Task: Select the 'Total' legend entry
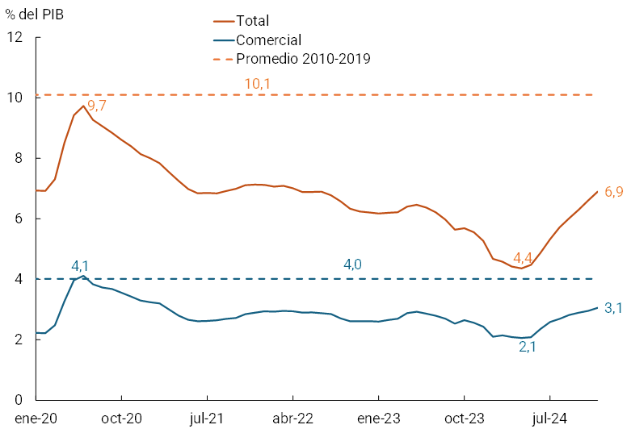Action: tap(252, 21)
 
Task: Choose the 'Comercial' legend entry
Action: tap(268, 40)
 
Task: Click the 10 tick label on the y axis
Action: tap(15, 98)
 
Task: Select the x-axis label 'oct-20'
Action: tap(121, 418)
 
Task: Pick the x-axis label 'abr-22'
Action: tap(292, 418)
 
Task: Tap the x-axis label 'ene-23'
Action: tap(378, 418)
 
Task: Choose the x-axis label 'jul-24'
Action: tap(550, 418)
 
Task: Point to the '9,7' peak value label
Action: tap(97, 105)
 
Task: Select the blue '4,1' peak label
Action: tap(81, 264)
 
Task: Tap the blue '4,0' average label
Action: tap(353, 264)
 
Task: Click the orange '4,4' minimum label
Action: tap(523, 258)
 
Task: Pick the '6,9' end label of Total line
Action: tap(613, 191)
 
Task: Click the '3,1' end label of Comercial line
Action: tap(613, 307)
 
